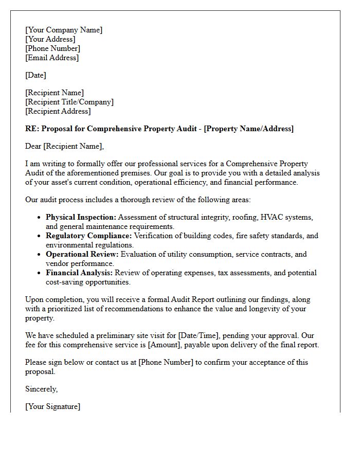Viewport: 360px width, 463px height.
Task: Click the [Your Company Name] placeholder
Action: [x=64, y=30]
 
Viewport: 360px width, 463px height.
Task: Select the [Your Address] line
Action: [x=50, y=39]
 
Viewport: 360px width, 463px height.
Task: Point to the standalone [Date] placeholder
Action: [x=35, y=75]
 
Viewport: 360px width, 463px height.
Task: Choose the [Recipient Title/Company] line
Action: [x=69, y=102]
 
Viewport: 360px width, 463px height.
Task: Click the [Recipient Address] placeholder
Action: [x=58, y=111]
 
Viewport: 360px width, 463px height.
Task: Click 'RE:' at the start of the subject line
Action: [x=32, y=129]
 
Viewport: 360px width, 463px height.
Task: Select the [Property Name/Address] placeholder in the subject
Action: [x=249, y=129]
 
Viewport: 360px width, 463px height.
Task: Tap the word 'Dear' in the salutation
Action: [x=33, y=146]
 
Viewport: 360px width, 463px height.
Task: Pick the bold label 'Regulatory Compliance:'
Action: [x=89, y=236]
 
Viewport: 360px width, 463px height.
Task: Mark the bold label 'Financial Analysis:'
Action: [x=79, y=273]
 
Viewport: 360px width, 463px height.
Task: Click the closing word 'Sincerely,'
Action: [x=42, y=389]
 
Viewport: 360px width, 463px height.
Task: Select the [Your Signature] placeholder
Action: [x=53, y=406]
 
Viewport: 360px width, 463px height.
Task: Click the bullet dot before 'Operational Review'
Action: [x=39, y=255]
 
